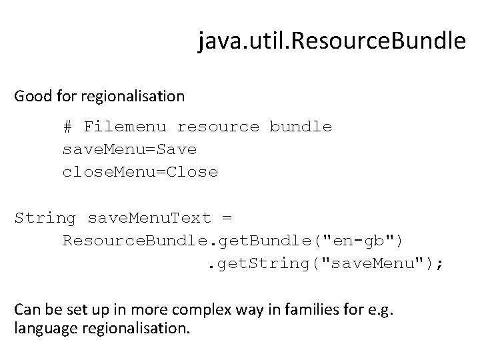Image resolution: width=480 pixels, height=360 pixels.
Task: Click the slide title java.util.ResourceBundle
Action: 331,42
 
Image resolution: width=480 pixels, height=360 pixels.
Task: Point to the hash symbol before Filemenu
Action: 67,126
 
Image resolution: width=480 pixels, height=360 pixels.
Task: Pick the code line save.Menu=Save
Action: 129,149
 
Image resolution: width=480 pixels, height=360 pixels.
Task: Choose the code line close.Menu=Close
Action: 140,171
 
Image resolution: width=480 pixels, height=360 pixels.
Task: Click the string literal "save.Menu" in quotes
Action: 376,263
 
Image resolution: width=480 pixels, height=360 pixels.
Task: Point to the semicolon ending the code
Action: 439,263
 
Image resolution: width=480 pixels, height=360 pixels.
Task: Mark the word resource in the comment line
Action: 218,126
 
